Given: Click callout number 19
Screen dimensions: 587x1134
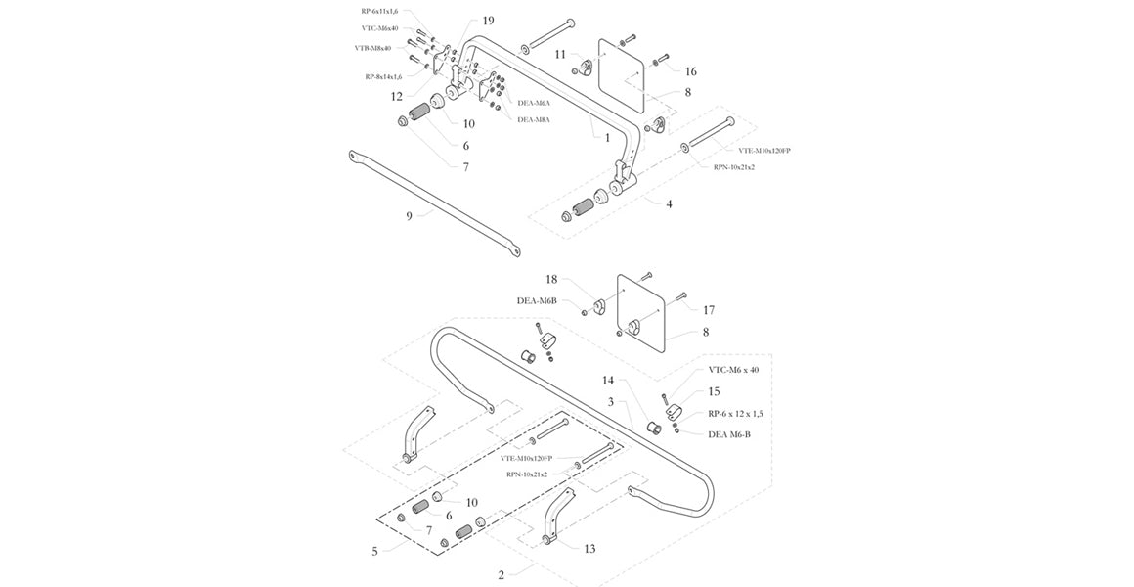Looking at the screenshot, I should (489, 20).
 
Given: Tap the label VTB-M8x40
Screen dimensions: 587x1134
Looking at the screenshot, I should (372, 48).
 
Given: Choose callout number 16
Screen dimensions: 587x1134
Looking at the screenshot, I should (691, 71).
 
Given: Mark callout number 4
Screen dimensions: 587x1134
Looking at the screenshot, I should (669, 204).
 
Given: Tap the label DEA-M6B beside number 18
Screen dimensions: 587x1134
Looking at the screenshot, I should (537, 300).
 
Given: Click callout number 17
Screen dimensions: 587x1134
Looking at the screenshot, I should (709, 309).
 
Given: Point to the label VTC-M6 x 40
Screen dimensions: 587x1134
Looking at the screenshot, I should (733, 370).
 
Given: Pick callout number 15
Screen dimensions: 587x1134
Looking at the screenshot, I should (714, 391).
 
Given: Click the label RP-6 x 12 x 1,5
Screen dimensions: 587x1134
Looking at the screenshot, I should (735, 414).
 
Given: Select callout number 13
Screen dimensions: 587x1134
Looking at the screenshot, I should (589, 549).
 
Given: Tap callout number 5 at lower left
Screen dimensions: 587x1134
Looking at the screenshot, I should (374, 551).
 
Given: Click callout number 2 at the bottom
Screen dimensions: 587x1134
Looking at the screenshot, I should (502, 575).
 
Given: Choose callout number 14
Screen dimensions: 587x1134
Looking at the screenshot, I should (607, 380).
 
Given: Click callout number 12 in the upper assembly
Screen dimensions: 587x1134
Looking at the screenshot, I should (397, 96).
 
